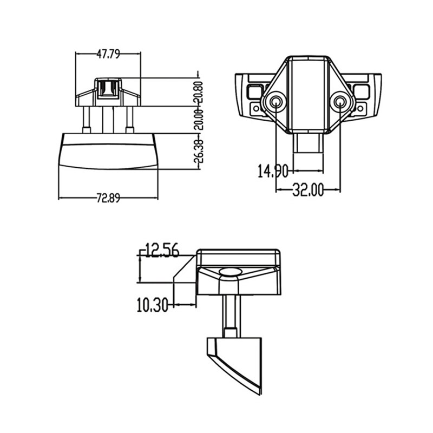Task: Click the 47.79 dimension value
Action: click(x=108, y=54)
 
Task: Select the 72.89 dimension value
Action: click(x=108, y=198)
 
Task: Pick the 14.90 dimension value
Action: click(x=272, y=172)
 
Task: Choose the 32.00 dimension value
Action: click(x=308, y=189)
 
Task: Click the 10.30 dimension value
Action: click(x=152, y=305)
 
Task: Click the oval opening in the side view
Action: click(x=231, y=272)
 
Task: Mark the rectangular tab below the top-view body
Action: click(x=308, y=144)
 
